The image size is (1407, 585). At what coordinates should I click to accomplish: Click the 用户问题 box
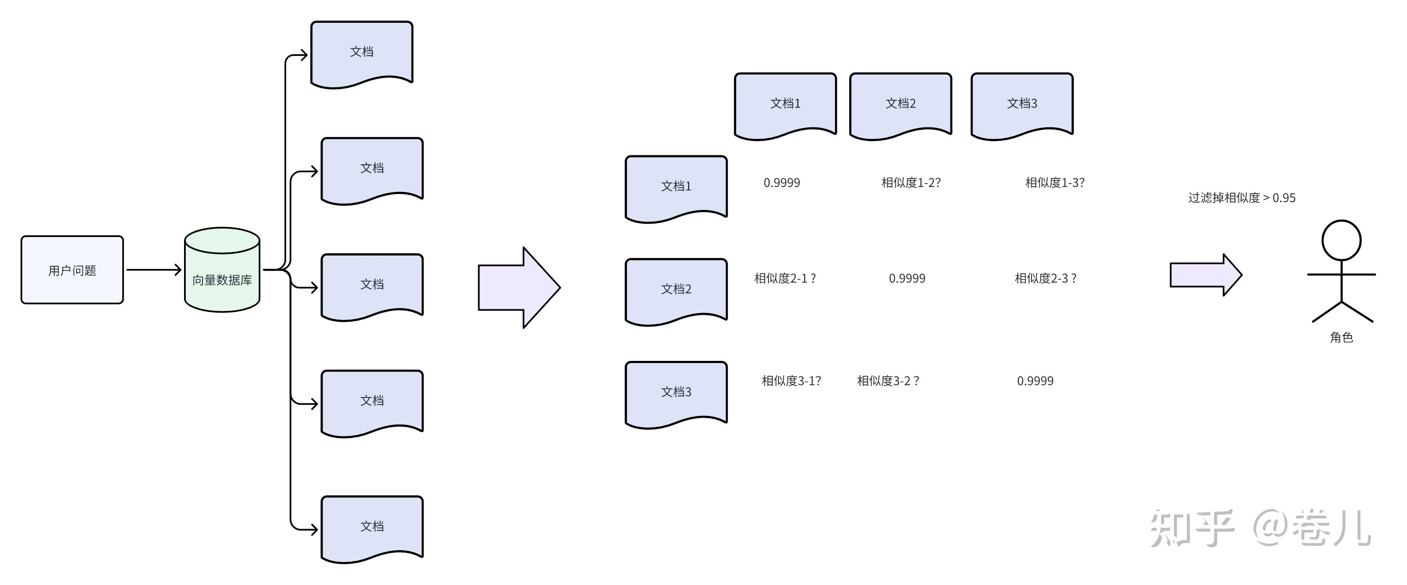point(72,270)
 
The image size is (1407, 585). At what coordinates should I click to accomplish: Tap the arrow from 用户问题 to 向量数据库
point(154,269)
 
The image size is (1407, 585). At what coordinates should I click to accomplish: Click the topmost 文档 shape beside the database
point(362,53)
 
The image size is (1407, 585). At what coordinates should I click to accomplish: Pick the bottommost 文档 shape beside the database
point(372,527)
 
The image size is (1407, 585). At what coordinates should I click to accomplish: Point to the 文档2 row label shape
point(676,289)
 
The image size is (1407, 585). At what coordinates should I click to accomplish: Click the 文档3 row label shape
point(676,392)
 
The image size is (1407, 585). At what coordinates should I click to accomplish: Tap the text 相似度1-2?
point(910,182)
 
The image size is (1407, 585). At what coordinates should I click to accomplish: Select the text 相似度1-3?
point(1054,182)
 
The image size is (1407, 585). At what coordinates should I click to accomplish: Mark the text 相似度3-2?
point(888,381)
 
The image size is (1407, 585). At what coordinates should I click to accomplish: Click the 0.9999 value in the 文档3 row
point(1035,381)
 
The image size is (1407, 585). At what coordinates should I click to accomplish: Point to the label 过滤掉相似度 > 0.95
point(1241,198)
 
